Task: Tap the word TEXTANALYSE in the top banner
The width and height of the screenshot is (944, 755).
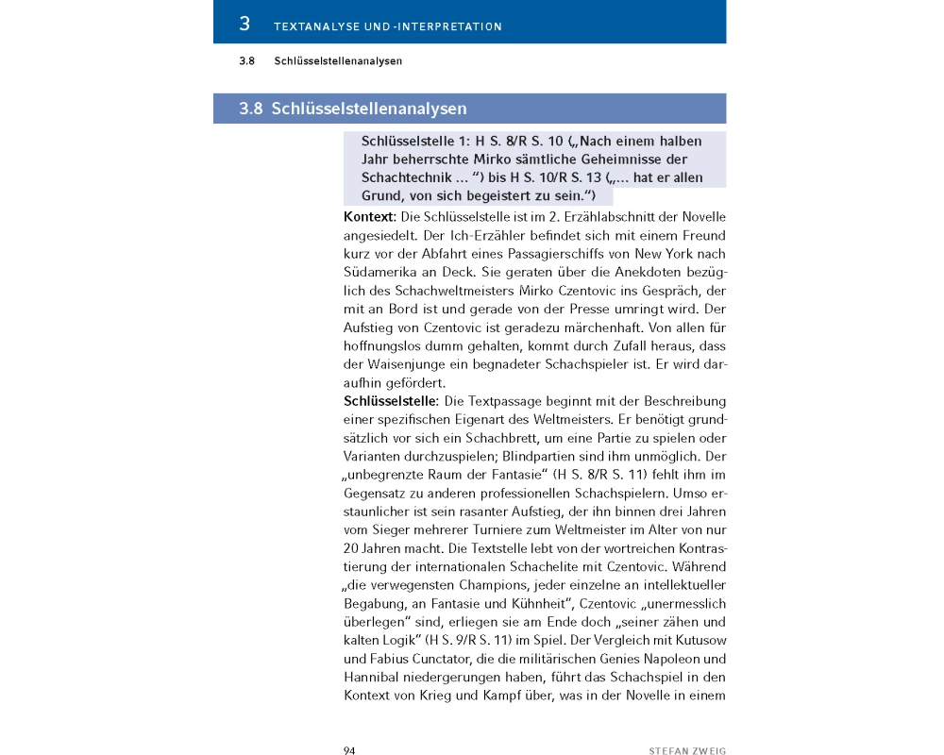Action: (316, 26)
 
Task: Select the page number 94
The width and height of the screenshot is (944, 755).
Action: (348, 750)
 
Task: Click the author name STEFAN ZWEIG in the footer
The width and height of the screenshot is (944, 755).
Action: (687, 750)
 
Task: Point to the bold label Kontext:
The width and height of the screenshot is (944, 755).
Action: (370, 217)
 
